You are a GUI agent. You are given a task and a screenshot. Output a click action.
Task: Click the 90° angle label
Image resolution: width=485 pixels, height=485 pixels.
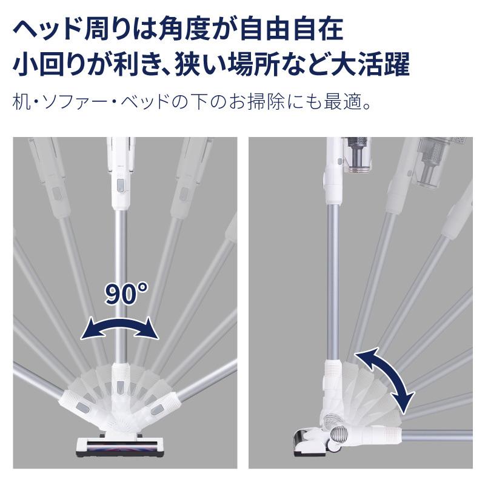point(125,294)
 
